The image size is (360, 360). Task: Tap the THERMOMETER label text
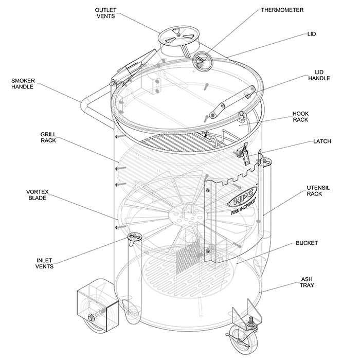[x=282, y=10]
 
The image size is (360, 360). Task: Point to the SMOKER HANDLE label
[x=23, y=84]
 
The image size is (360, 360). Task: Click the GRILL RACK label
[x=48, y=137]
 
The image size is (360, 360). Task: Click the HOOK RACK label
[x=300, y=117]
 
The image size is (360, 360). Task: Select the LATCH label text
[x=322, y=141]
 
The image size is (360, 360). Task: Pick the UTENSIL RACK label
[x=314, y=191]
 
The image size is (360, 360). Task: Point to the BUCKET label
[x=307, y=243]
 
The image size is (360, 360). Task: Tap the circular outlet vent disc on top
[x=176, y=37]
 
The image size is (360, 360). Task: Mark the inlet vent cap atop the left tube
[x=135, y=237]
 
